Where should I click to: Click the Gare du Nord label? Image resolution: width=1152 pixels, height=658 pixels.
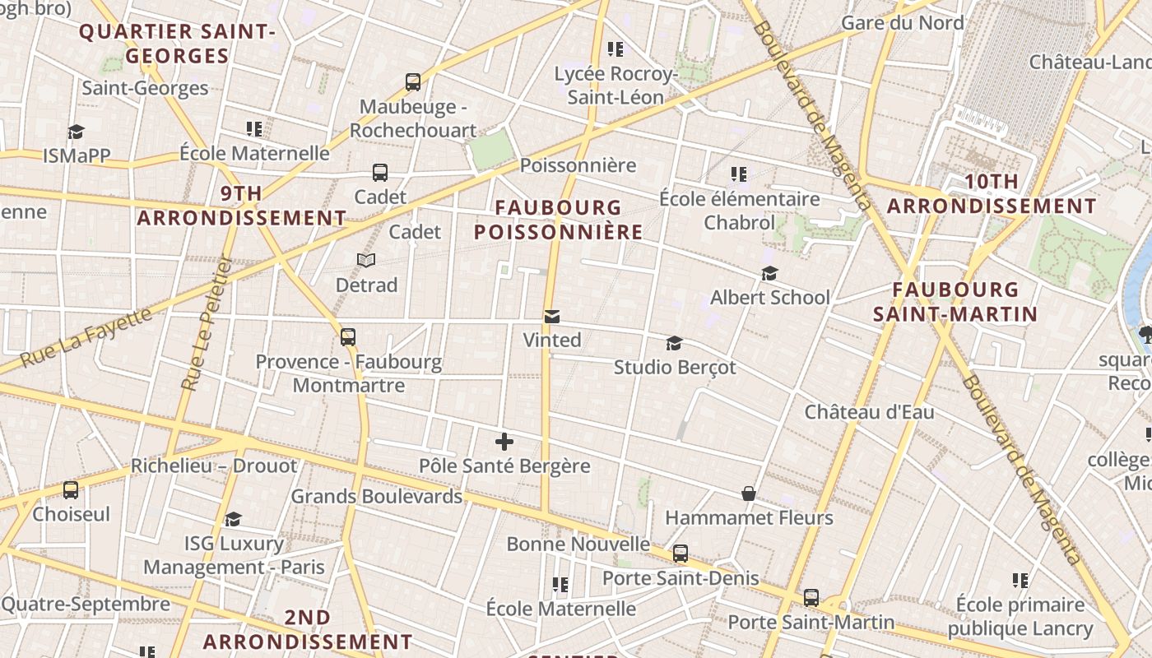(x=902, y=23)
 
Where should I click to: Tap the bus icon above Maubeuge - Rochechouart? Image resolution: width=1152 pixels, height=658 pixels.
(x=413, y=82)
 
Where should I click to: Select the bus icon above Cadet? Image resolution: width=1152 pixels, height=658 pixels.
(x=379, y=173)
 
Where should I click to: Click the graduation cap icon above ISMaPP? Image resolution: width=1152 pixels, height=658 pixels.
(x=76, y=132)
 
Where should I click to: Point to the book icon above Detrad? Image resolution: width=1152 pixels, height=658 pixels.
(x=366, y=261)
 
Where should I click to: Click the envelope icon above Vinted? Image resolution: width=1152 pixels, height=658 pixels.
(x=552, y=317)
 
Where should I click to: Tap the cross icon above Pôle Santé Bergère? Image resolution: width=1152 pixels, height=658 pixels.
(x=504, y=442)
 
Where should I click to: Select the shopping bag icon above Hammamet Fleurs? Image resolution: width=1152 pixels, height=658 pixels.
(x=749, y=493)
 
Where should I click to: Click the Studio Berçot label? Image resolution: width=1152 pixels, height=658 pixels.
(x=675, y=367)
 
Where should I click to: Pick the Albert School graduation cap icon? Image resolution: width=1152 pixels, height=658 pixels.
(x=769, y=273)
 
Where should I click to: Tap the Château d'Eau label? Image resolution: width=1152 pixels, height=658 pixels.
(x=869, y=411)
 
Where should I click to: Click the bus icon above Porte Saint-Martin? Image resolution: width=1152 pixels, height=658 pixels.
(x=811, y=598)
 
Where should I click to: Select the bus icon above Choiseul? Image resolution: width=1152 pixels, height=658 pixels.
(x=71, y=490)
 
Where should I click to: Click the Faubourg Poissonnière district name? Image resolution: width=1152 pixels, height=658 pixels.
(x=558, y=220)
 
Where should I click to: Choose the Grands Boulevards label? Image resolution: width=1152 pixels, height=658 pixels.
(x=376, y=496)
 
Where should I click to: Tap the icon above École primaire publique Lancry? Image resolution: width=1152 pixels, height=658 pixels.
(x=1020, y=581)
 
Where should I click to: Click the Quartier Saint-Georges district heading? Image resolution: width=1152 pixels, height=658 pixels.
(x=176, y=44)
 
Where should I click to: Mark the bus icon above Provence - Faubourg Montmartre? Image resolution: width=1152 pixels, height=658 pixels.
(x=348, y=337)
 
